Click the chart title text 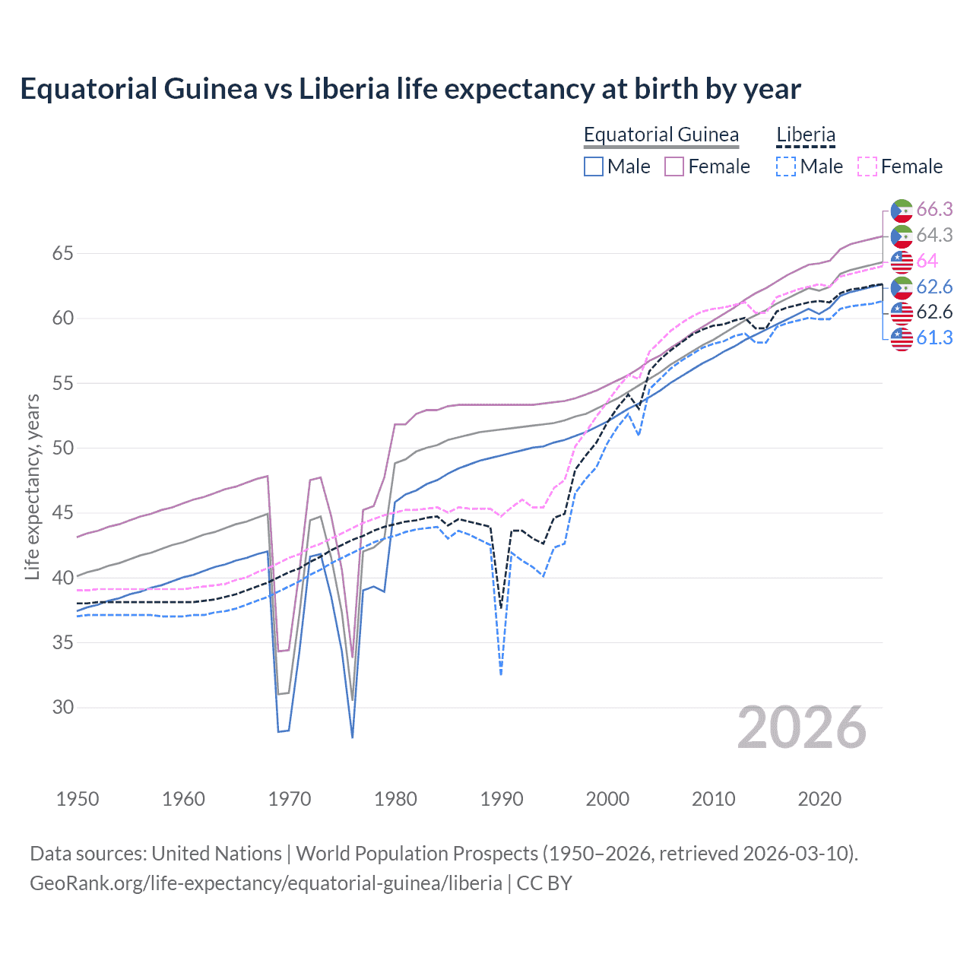[410, 89]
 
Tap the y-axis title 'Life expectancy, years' [32, 486]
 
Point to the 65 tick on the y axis [62, 253]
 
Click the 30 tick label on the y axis [62, 707]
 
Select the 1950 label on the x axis [78, 799]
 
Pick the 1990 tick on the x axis [502, 799]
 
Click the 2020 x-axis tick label [819, 799]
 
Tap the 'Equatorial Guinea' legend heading [661, 135]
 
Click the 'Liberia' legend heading [805, 135]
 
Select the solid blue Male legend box [594, 166]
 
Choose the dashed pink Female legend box [867, 166]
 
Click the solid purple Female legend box [674, 166]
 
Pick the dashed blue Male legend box [786, 166]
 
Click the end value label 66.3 [934, 210]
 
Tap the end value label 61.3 [934, 338]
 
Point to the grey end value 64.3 [934, 236]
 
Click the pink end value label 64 [927, 261]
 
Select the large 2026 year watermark [801, 727]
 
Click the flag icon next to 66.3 [902, 211]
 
